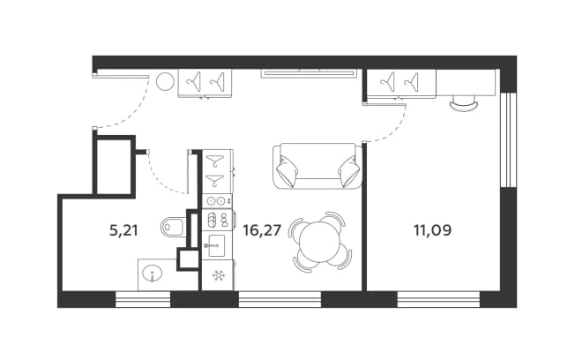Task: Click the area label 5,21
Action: pos(123,230)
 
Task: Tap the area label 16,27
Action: pos(262,230)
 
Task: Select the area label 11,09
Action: pos(432,230)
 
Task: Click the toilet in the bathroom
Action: pos(172,228)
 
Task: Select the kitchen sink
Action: pos(217,245)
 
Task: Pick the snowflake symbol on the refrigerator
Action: pos(219,275)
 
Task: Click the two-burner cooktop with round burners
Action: pos(217,200)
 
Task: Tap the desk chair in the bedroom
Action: pos(464,103)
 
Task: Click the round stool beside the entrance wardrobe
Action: pos(165,81)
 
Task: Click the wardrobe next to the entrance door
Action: pos(205,83)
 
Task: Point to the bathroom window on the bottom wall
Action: pos(143,299)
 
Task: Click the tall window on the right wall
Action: pos(508,139)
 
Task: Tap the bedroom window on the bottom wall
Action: pos(438,299)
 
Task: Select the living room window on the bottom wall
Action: pos(280,299)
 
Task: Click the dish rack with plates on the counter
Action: pos(217,220)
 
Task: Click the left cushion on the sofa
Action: pos(287,170)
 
